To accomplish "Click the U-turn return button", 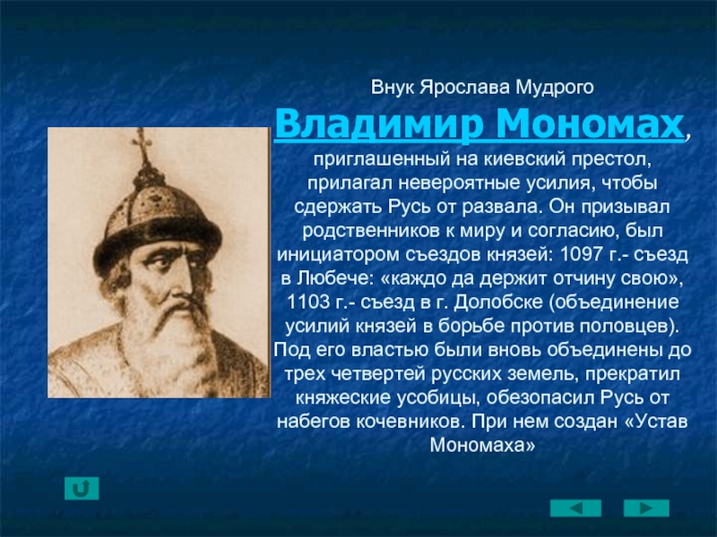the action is coord(82,488).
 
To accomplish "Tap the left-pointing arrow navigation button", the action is coord(575,508).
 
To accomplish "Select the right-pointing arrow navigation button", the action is coord(646,508).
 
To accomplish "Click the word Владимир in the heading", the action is coord(379,124).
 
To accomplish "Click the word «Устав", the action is coord(656,421).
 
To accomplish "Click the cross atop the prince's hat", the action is coord(143,142).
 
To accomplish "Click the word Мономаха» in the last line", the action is coord(482,445).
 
